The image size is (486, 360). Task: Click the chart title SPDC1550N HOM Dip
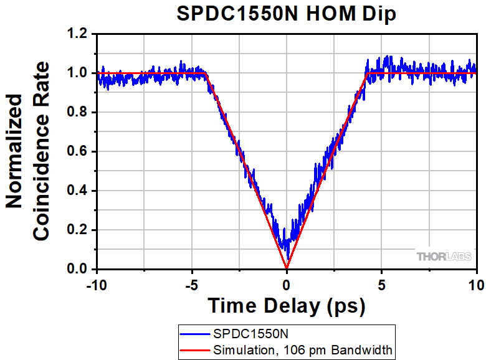[286, 14]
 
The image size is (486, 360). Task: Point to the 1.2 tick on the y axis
[79, 34]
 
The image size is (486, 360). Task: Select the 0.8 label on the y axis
[79, 113]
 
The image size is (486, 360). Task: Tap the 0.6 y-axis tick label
[79, 152]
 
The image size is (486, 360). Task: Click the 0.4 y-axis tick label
[79, 191]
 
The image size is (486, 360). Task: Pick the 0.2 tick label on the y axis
[79, 230]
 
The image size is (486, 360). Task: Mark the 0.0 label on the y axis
[79, 270]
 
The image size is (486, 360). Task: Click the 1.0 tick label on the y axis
[79, 73]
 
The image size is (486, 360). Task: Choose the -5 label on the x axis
[191, 286]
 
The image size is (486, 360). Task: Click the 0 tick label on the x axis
[287, 286]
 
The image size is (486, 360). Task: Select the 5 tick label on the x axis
[382, 286]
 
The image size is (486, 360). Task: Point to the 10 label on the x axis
[477, 286]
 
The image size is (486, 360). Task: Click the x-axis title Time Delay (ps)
[286, 306]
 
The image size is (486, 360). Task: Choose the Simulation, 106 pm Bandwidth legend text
[303, 349]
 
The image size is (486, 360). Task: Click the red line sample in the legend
[196, 349]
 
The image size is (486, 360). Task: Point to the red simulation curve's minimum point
[287, 268]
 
